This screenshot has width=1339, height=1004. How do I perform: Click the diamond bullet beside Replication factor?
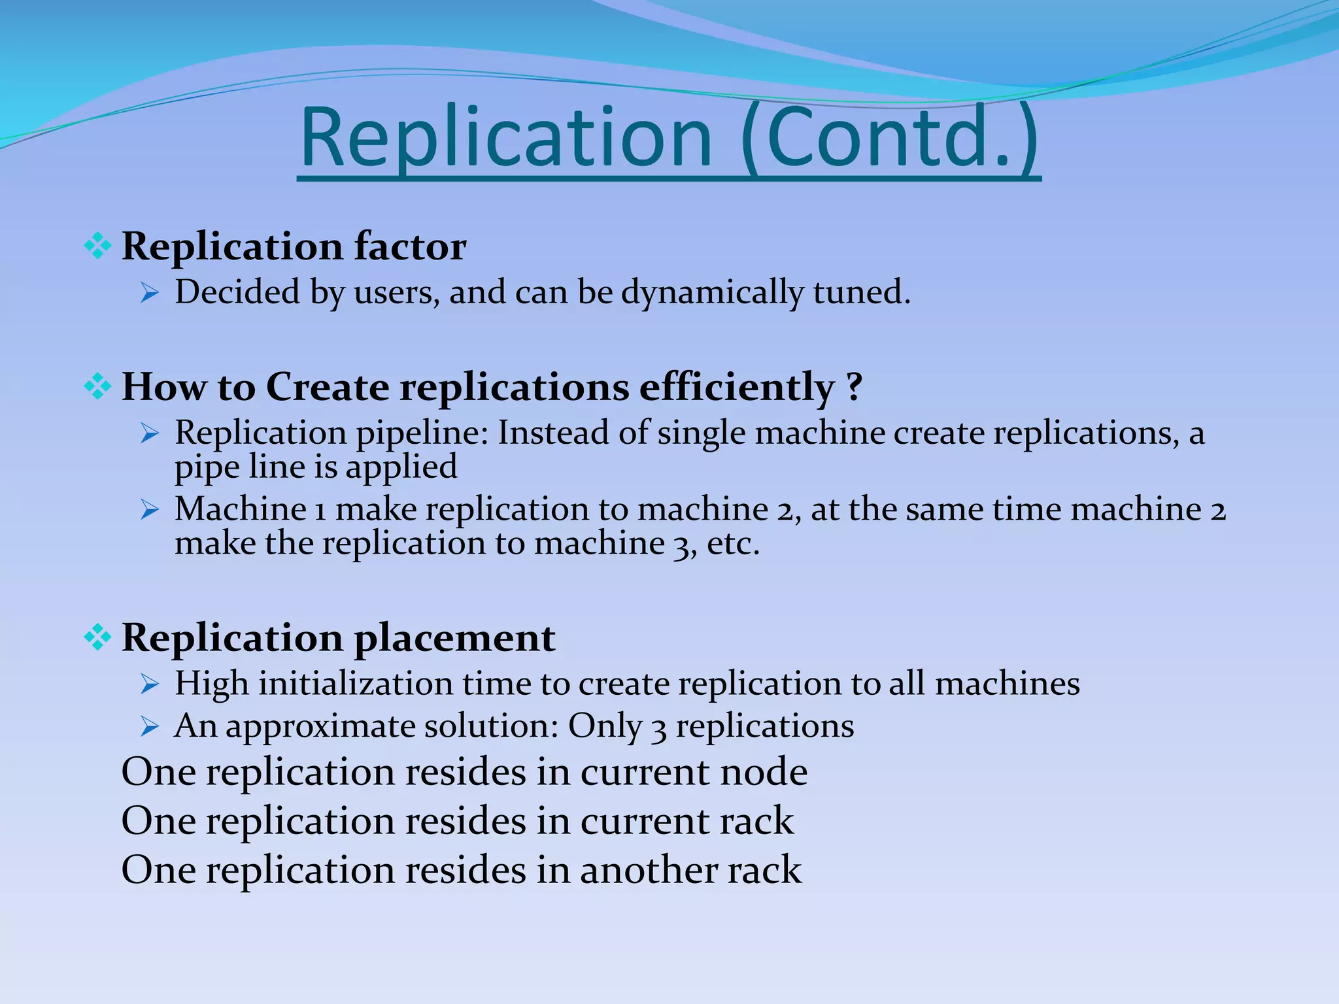[x=97, y=247]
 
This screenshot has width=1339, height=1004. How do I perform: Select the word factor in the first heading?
[x=410, y=247]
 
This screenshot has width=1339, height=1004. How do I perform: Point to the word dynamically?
[x=712, y=292]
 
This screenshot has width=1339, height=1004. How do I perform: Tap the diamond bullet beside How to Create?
[x=97, y=387]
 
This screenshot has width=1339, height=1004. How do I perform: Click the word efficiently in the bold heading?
[x=737, y=387]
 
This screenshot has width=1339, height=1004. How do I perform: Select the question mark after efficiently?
[x=853, y=387]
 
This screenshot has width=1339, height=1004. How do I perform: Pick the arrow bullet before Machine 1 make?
[x=150, y=510]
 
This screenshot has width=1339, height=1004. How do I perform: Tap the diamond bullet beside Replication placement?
[x=97, y=638]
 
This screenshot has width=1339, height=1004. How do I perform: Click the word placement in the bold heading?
[x=454, y=638]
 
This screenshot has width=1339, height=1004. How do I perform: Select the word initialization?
[x=356, y=684]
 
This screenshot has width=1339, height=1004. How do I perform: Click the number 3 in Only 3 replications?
[x=659, y=727]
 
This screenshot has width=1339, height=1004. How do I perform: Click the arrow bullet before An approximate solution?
[x=150, y=727]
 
